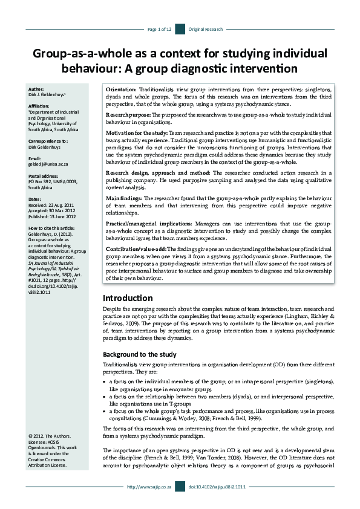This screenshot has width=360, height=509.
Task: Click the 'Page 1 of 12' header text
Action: pyautogui.click(x=160, y=29)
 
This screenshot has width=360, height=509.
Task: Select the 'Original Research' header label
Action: pyautogui.click(x=206, y=29)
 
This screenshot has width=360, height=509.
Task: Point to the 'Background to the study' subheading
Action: pyautogui.click(x=139, y=354)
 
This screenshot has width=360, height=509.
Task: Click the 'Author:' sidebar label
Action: pyautogui.click(x=36, y=89)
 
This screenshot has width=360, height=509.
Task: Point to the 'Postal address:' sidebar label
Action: pyautogui.click(x=44, y=175)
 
